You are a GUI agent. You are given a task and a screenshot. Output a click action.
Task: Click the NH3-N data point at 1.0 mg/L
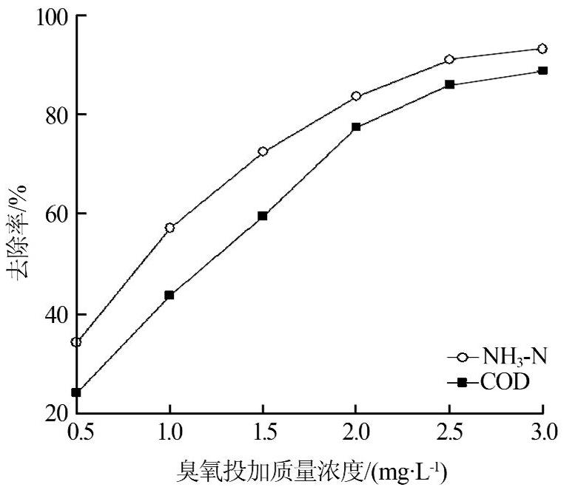click(169, 228)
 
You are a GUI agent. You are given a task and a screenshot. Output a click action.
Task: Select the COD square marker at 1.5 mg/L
click(263, 216)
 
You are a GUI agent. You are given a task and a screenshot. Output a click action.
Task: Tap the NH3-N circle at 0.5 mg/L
click(76, 342)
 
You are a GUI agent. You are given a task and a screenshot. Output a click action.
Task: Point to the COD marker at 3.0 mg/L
click(542, 71)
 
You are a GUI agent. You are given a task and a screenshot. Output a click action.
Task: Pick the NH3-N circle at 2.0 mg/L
click(356, 96)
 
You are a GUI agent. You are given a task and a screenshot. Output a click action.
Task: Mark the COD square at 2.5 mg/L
click(449, 85)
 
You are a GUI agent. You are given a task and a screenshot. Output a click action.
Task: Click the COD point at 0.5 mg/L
click(76, 392)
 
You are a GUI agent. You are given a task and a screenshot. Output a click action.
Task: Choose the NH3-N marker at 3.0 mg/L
click(542, 49)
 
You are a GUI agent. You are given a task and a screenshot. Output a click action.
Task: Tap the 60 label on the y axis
click(55, 214)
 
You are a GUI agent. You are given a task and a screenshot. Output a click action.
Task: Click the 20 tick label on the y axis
click(55, 413)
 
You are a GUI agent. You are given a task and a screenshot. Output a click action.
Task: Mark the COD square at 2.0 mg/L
click(356, 127)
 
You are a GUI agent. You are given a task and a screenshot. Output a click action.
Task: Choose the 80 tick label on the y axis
click(55, 115)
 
